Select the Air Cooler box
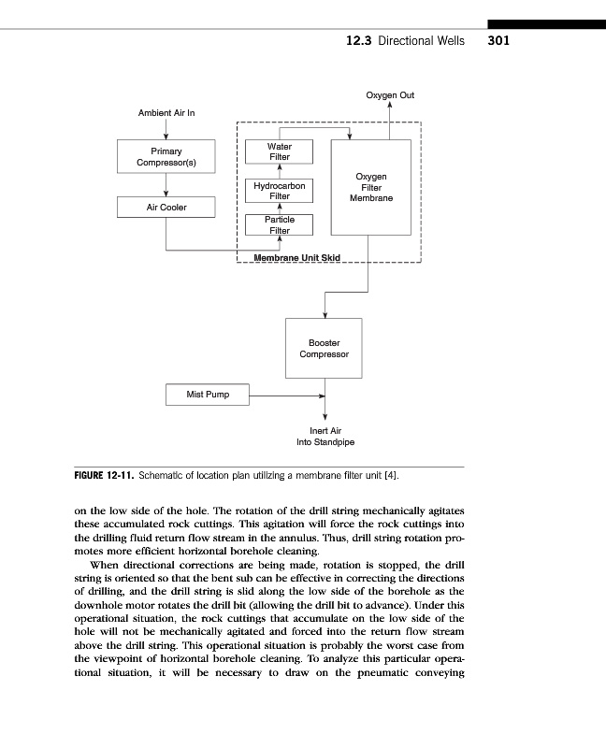coord(166,208)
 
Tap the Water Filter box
coord(279,151)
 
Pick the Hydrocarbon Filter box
coord(279,191)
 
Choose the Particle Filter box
coord(279,224)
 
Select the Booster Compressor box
coord(324,349)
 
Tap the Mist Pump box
coord(209,396)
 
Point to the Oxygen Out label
coord(390,95)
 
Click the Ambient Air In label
coord(166,113)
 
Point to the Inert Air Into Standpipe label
coord(325,436)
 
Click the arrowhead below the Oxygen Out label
coord(390,106)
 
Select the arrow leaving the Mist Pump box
coord(281,396)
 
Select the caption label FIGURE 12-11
coord(105,476)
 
